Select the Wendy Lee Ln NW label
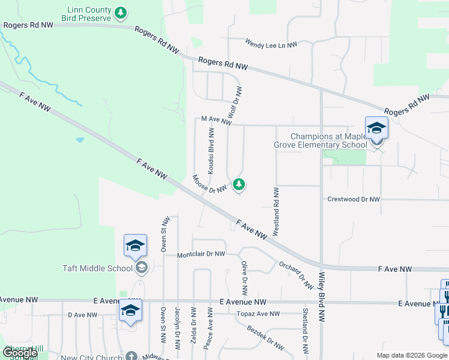(271, 43)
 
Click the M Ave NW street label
(216, 121)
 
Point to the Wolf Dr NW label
(234, 102)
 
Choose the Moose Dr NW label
(209, 184)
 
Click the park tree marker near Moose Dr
(240, 184)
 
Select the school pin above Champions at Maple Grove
(376, 128)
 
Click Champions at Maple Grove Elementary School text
(328, 140)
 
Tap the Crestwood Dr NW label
(354, 199)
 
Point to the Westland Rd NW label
(276, 211)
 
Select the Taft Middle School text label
(97, 268)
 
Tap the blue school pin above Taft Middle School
(135, 245)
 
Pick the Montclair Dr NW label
(200, 254)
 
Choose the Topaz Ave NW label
(258, 314)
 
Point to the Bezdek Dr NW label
(265, 337)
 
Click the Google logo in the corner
(20, 353)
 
